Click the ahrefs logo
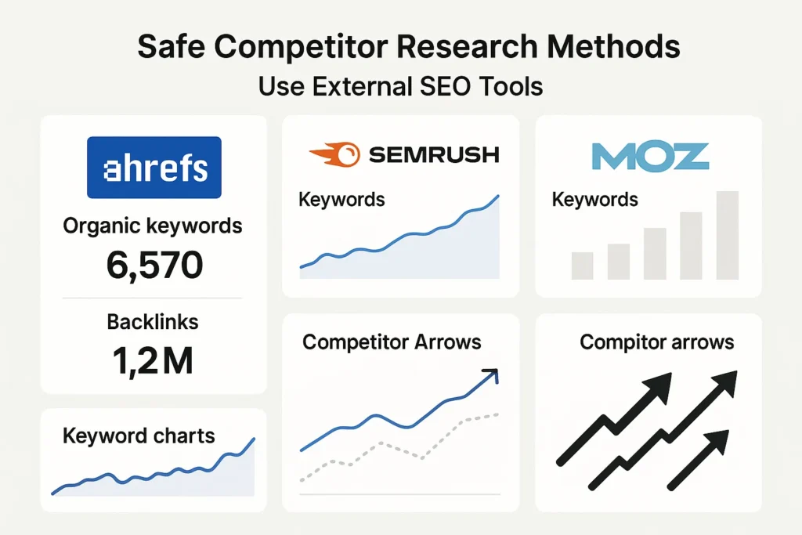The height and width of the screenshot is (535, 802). [x=154, y=168]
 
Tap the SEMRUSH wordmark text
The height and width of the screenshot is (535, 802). [x=433, y=154]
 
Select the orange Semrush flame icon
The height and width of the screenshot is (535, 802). [x=334, y=154]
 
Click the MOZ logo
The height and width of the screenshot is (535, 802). [x=649, y=157]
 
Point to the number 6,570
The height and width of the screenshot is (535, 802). [x=154, y=266]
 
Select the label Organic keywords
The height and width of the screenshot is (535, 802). [x=152, y=226]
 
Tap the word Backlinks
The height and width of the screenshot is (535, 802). [x=153, y=321]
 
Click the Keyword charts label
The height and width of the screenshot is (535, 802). [x=139, y=436]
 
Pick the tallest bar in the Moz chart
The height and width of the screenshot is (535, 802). [x=727, y=235]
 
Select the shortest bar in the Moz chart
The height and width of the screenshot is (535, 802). [x=582, y=266]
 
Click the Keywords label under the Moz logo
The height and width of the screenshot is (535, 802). [x=594, y=199]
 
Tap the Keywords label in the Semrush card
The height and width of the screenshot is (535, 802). [x=341, y=199]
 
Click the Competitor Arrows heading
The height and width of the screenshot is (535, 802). [x=392, y=342]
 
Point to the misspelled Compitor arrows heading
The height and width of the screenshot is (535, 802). [x=656, y=342]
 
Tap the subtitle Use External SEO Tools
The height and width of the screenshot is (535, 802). [x=400, y=85]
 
